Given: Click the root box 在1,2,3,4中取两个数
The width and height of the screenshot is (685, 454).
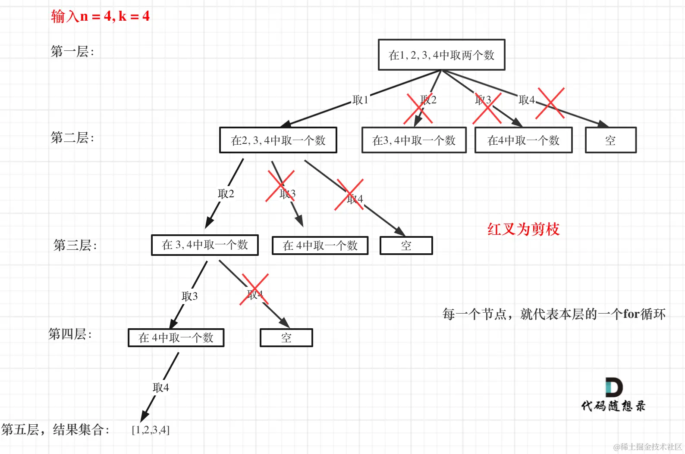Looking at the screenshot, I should [x=441, y=55].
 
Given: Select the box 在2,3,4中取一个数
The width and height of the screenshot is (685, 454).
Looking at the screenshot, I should [x=278, y=140].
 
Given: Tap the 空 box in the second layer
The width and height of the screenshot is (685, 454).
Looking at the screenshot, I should [x=610, y=140].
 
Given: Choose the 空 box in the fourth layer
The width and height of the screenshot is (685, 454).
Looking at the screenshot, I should [x=286, y=338].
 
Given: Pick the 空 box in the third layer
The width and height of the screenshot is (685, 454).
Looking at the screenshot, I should [x=406, y=246].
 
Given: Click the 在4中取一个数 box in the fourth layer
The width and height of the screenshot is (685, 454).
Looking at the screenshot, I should [x=176, y=338].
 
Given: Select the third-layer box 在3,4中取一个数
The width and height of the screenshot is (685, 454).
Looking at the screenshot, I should [x=205, y=245].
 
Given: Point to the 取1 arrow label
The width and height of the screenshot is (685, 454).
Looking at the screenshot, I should [x=360, y=100].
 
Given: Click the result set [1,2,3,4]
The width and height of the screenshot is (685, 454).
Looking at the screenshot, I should [x=151, y=430].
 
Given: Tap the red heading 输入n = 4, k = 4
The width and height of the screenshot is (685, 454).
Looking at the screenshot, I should [x=100, y=16].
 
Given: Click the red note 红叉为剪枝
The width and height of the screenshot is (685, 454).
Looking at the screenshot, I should [x=523, y=229].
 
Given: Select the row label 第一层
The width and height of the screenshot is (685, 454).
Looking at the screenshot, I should [x=72, y=52].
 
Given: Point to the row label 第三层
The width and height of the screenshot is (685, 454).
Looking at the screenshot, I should [x=75, y=245].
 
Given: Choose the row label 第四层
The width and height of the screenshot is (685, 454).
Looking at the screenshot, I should [x=70, y=334].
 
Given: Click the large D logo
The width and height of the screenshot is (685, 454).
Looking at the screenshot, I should [x=613, y=387].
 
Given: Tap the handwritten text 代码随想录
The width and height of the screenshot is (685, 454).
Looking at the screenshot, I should [x=613, y=406].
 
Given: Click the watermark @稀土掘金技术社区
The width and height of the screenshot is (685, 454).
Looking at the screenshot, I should [x=647, y=447].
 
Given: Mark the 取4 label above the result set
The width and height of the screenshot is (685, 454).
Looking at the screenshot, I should [x=161, y=388].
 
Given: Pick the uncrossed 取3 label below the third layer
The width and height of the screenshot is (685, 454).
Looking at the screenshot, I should [x=190, y=296].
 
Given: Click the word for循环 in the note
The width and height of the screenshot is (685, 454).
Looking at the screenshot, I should [x=644, y=314].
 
